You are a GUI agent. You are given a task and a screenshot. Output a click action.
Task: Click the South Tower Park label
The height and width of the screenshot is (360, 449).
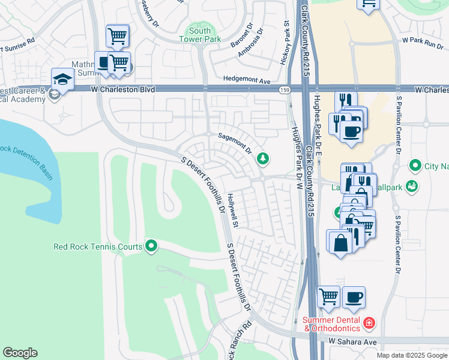pyautogui.click(x=199, y=35)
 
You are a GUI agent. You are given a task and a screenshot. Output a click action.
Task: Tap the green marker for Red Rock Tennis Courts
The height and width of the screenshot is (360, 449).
pyautogui.click(x=151, y=246)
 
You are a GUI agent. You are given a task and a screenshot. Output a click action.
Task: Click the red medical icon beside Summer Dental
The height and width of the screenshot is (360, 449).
pyautogui.click(x=369, y=324)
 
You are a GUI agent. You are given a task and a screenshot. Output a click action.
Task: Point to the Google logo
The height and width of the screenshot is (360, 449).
pyautogui.click(x=20, y=353)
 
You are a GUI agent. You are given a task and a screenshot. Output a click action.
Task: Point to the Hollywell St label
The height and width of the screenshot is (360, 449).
pyautogui.click(x=234, y=210)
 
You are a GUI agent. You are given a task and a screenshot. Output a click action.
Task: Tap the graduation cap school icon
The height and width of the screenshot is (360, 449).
pyautogui.click(x=62, y=79)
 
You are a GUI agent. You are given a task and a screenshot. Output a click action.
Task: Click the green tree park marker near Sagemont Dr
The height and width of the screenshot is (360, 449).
pyautogui.click(x=262, y=158)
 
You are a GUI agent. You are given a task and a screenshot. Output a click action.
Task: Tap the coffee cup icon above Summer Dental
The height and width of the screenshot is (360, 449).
pyautogui.click(x=353, y=296)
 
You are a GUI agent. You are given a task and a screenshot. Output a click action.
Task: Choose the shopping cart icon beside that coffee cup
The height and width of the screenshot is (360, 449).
pyautogui.click(x=328, y=296)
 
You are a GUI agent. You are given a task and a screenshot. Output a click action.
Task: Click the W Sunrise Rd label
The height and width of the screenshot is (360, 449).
pyautogui.click(x=18, y=46)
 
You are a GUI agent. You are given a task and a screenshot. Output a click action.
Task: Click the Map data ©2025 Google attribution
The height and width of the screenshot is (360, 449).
pyautogui.click(x=412, y=355)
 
